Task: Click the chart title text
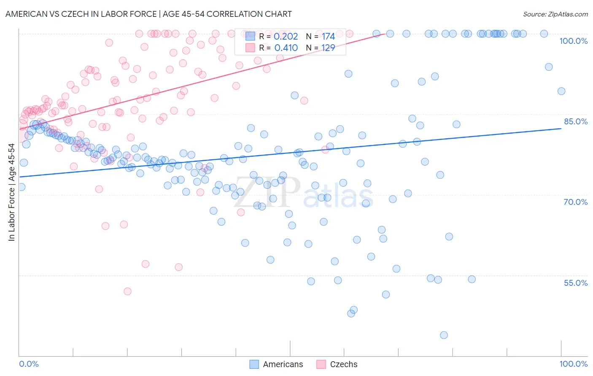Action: pyautogui.click(x=148, y=14)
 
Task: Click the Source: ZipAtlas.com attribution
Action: pyautogui.click(x=555, y=14)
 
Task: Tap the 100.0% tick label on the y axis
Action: pyautogui.click(x=573, y=41)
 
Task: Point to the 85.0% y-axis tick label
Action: pyautogui.click(x=576, y=121)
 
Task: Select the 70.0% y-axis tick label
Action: pyautogui.click(x=576, y=202)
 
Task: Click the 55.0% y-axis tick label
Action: pyautogui.click(x=576, y=283)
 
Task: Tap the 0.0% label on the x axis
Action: pyautogui.click(x=29, y=364)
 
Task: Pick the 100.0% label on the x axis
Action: pyautogui.click(x=574, y=364)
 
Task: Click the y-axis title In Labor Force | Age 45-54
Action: pyautogui.click(x=12, y=192)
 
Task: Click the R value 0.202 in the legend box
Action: pyautogui.click(x=286, y=37)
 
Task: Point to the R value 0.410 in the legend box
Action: pyautogui.click(x=286, y=48)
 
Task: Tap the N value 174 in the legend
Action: pyautogui.click(x=328, y=37)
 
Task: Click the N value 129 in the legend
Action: pyautogui.click(x=328, y=48)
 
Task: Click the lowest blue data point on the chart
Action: pyautogui.click(x=444, y=335)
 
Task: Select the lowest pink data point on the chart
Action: pyautogui.click(x=127, y=291)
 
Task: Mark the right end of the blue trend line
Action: pyautogui.click(x=561, y=128)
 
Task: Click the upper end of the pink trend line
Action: pyautogui.click(x=382, y=34)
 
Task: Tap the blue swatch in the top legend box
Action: pyautogui.click(x=251, y=37)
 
